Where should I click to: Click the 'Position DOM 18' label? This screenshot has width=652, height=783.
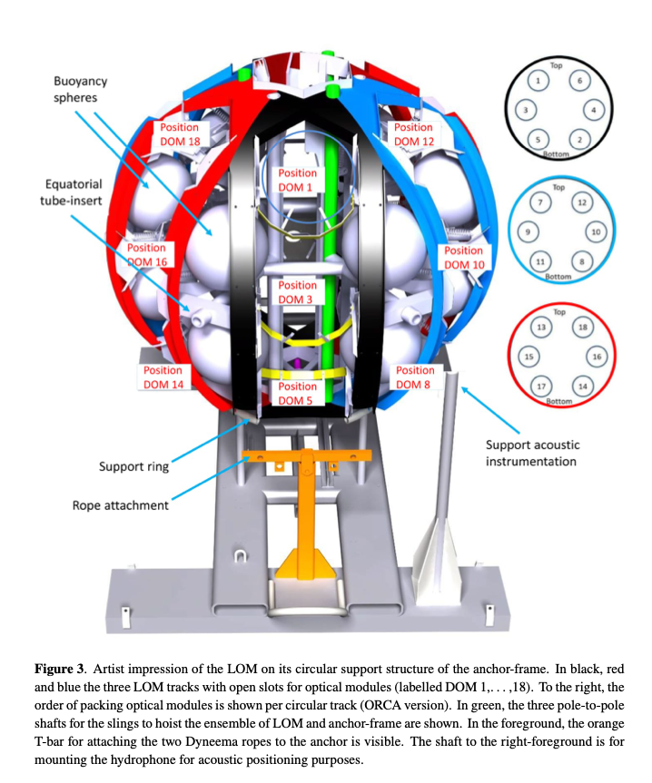(x=180, y=134)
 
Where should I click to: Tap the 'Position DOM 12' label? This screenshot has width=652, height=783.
(x=414, y=134)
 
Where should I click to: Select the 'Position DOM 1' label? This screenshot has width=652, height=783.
(x=297, y=180)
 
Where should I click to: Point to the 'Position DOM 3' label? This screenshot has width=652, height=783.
(x=297, y=292)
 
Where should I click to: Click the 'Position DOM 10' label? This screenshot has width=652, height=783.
(x=464, y=257)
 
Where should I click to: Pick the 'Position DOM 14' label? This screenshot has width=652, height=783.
(x=163, y=377)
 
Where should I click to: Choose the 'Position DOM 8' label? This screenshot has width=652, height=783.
(x=415, y=377)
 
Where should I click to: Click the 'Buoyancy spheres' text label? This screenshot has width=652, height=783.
(x=80, y=89)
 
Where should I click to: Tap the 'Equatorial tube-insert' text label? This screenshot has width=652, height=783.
(x=73, y=192)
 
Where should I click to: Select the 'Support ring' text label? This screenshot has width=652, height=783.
(x=133, y=466)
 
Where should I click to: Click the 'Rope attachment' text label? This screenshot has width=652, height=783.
(x=121, y=505)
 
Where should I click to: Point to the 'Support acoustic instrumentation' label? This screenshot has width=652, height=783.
(x=532, y=453)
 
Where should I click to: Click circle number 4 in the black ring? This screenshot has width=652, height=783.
(x=593, y=110)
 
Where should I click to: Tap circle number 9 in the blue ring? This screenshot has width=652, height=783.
(x=528, y=231)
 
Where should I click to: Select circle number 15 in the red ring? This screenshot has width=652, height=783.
(x=529, y=357)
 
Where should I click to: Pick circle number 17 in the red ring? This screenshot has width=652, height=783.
(x=541, y=386)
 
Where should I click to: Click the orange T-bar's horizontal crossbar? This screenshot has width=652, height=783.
(x=307, y=455)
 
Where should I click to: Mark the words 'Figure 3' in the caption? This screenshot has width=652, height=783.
(x=59, y=669)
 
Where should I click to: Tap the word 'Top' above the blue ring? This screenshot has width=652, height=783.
(x=558, y=187)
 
